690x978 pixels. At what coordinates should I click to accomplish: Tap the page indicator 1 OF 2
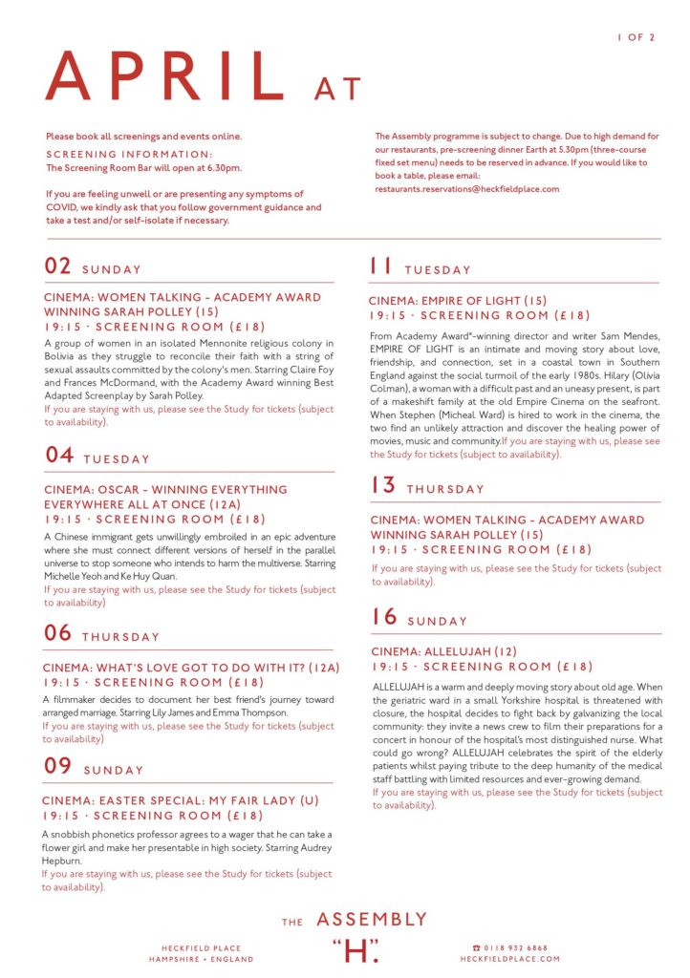636,37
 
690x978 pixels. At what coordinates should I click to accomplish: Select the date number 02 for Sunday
58,266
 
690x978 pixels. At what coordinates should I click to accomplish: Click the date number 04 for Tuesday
59,456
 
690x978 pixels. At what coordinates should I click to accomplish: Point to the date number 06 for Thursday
58,633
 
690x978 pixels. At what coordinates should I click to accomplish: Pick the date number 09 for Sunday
59,767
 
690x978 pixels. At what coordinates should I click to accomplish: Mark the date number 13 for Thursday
383,485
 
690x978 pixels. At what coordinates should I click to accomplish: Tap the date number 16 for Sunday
384,617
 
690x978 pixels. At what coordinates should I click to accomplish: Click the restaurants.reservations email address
466,189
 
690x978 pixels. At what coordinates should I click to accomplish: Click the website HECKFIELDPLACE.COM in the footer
510,958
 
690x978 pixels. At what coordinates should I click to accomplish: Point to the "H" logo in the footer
356,950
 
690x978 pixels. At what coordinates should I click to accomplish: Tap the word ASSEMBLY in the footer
372,920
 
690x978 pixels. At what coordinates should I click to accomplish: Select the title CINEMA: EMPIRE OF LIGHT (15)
459,300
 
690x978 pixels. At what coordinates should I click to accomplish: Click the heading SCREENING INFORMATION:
129,154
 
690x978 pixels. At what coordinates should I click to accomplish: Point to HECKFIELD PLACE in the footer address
202,947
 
